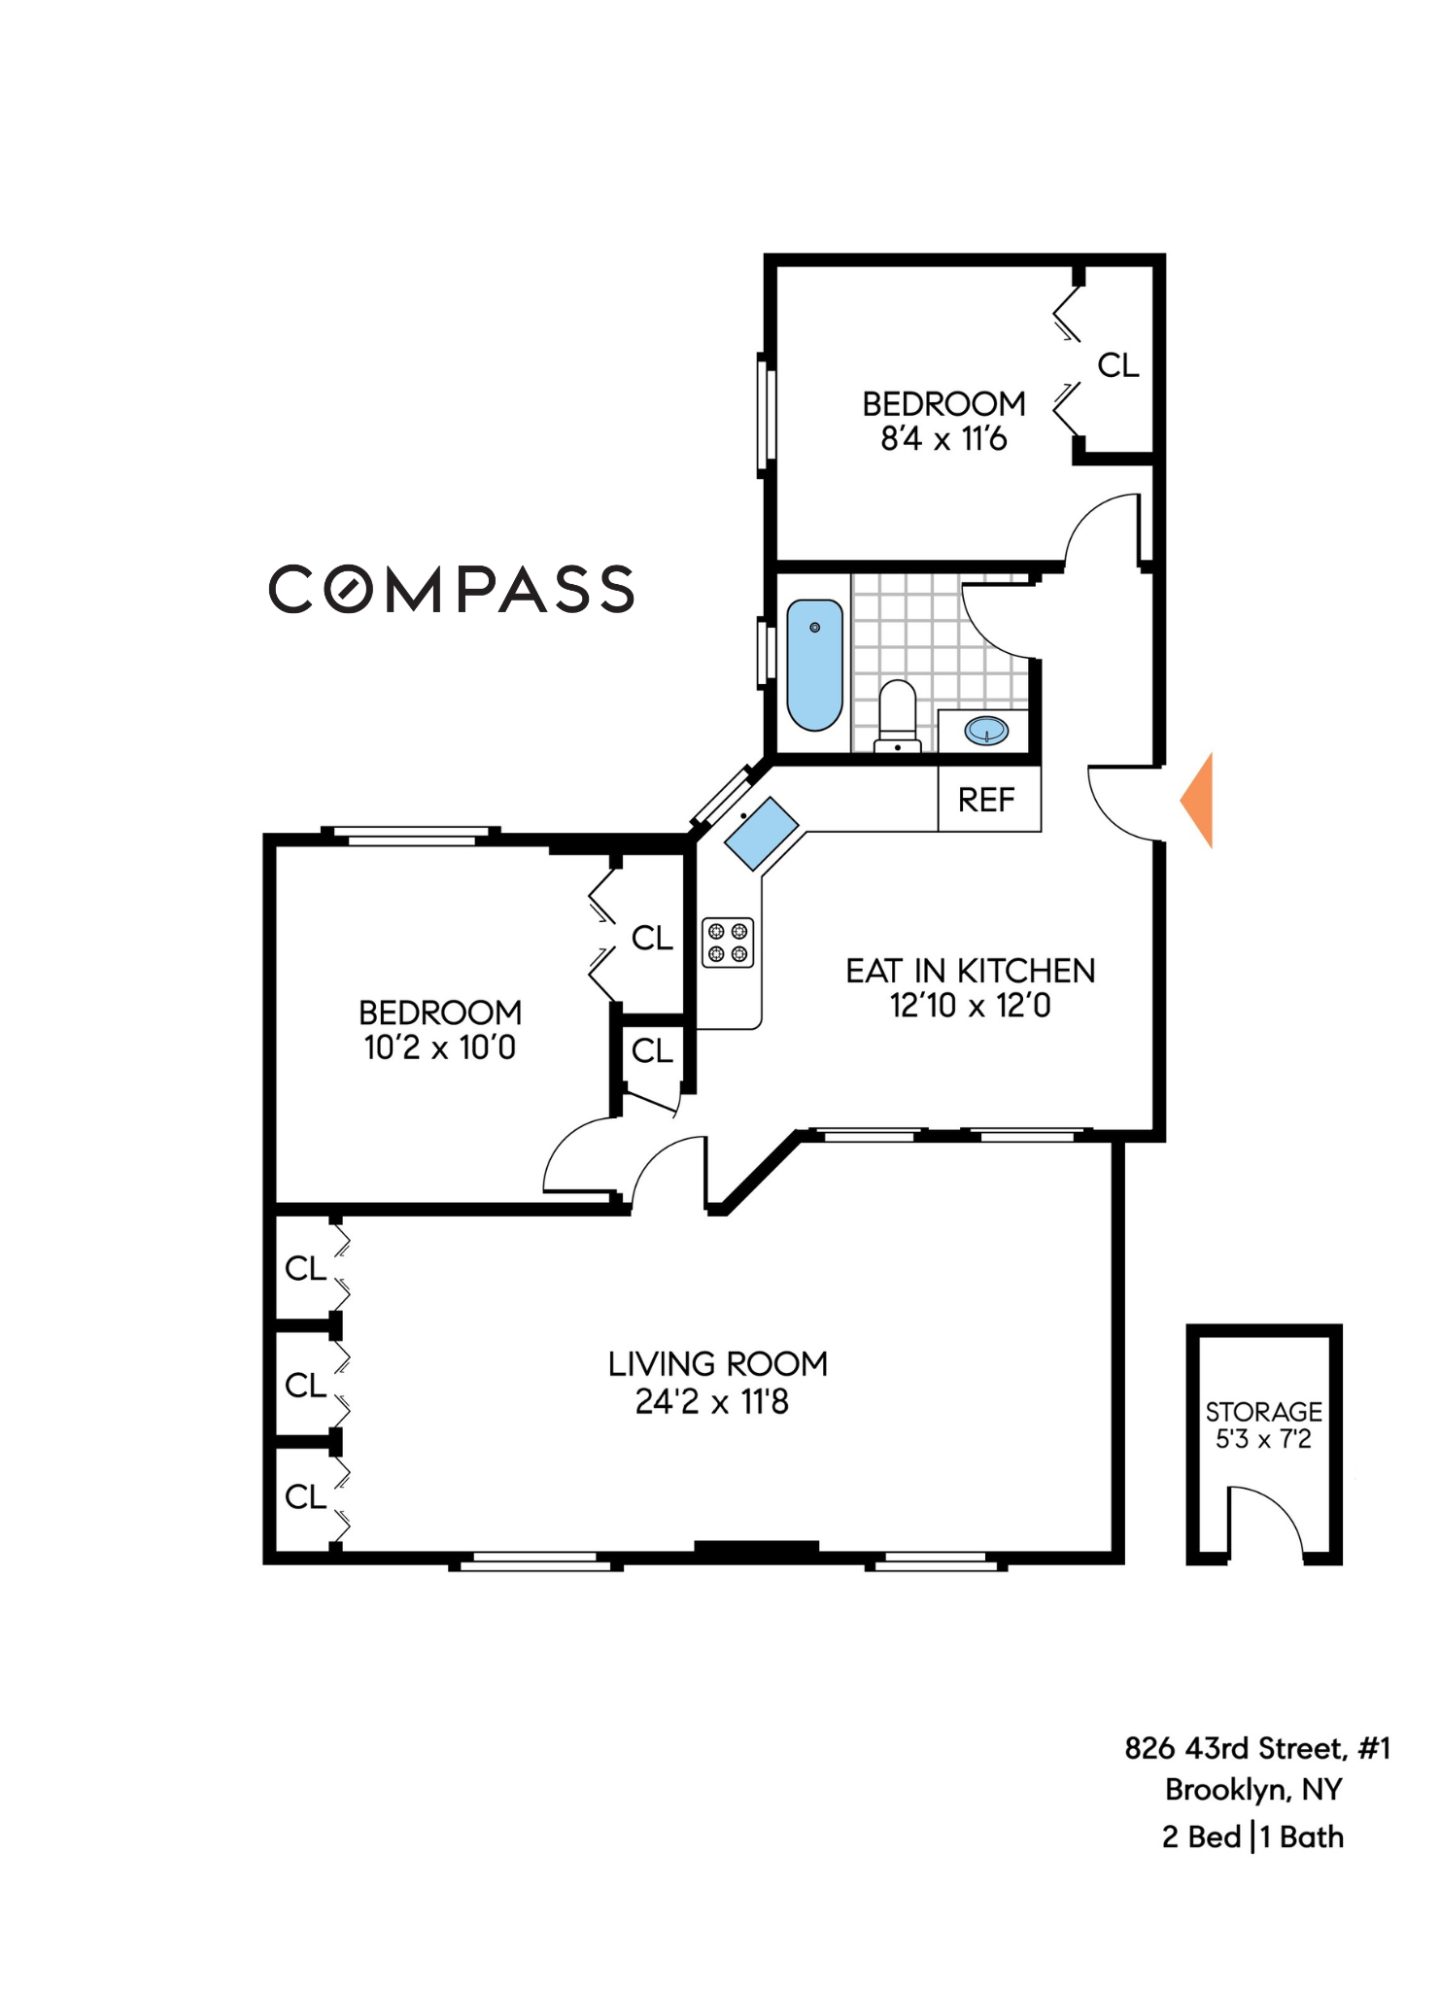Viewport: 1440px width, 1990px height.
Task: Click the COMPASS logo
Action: pos(451,589)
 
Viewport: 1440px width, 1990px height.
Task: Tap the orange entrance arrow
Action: pos(1199,801)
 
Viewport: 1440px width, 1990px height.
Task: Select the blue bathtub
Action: pos(814,664)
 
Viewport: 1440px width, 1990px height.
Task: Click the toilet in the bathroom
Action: pos(897,716)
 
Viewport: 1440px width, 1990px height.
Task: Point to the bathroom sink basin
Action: pos(986,730)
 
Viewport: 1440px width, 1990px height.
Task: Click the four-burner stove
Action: pos(728,943)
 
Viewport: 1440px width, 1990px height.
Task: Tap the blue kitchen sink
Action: pos(762,833)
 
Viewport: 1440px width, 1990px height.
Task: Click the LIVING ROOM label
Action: pos(717,1364)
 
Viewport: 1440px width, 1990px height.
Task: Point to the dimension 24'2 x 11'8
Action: pos(711,1402)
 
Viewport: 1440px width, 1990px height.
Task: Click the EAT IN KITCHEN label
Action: pos(970,971)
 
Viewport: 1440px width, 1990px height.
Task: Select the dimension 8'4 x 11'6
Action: pos(943,439)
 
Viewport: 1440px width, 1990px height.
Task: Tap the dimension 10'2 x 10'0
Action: pos(439,1047)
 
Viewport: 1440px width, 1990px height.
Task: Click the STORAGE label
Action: pos(1263,1411)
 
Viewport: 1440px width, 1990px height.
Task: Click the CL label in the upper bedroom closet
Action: pos(1117,365)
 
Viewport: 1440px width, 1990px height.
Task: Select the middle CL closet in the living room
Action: pos(305,1385)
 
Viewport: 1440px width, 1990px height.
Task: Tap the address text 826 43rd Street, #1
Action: pos(1257,1749)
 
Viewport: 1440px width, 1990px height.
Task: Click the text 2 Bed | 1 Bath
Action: pos(1252,1837)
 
